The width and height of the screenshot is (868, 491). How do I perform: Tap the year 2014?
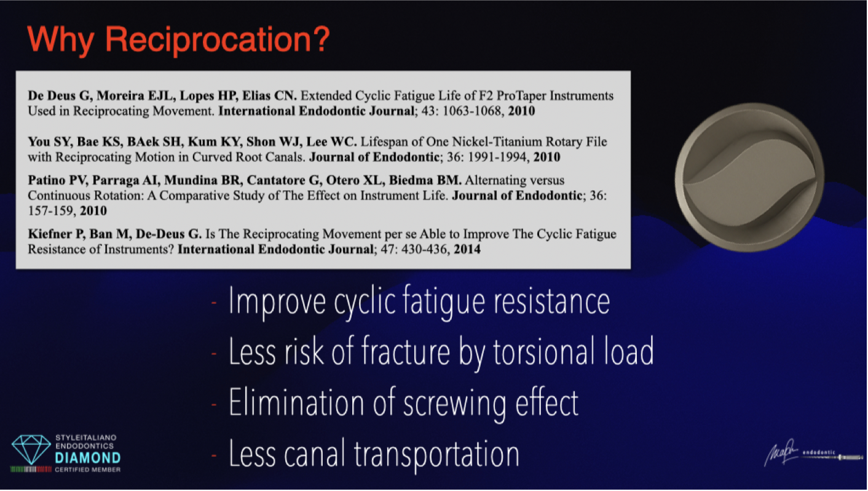[x=467, y=249]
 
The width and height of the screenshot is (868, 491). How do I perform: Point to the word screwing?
[x=454, y=404]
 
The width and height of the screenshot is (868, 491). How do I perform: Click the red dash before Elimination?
[x=214, y=404]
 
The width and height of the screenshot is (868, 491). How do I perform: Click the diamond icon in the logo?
[x=31, y=449]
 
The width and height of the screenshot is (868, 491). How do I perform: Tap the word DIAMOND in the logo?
[x=87, y=458]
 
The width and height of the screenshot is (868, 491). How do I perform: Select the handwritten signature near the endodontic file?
[x=781, y=453]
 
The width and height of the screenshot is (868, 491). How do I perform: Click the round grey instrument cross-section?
[x=749, y=178]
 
